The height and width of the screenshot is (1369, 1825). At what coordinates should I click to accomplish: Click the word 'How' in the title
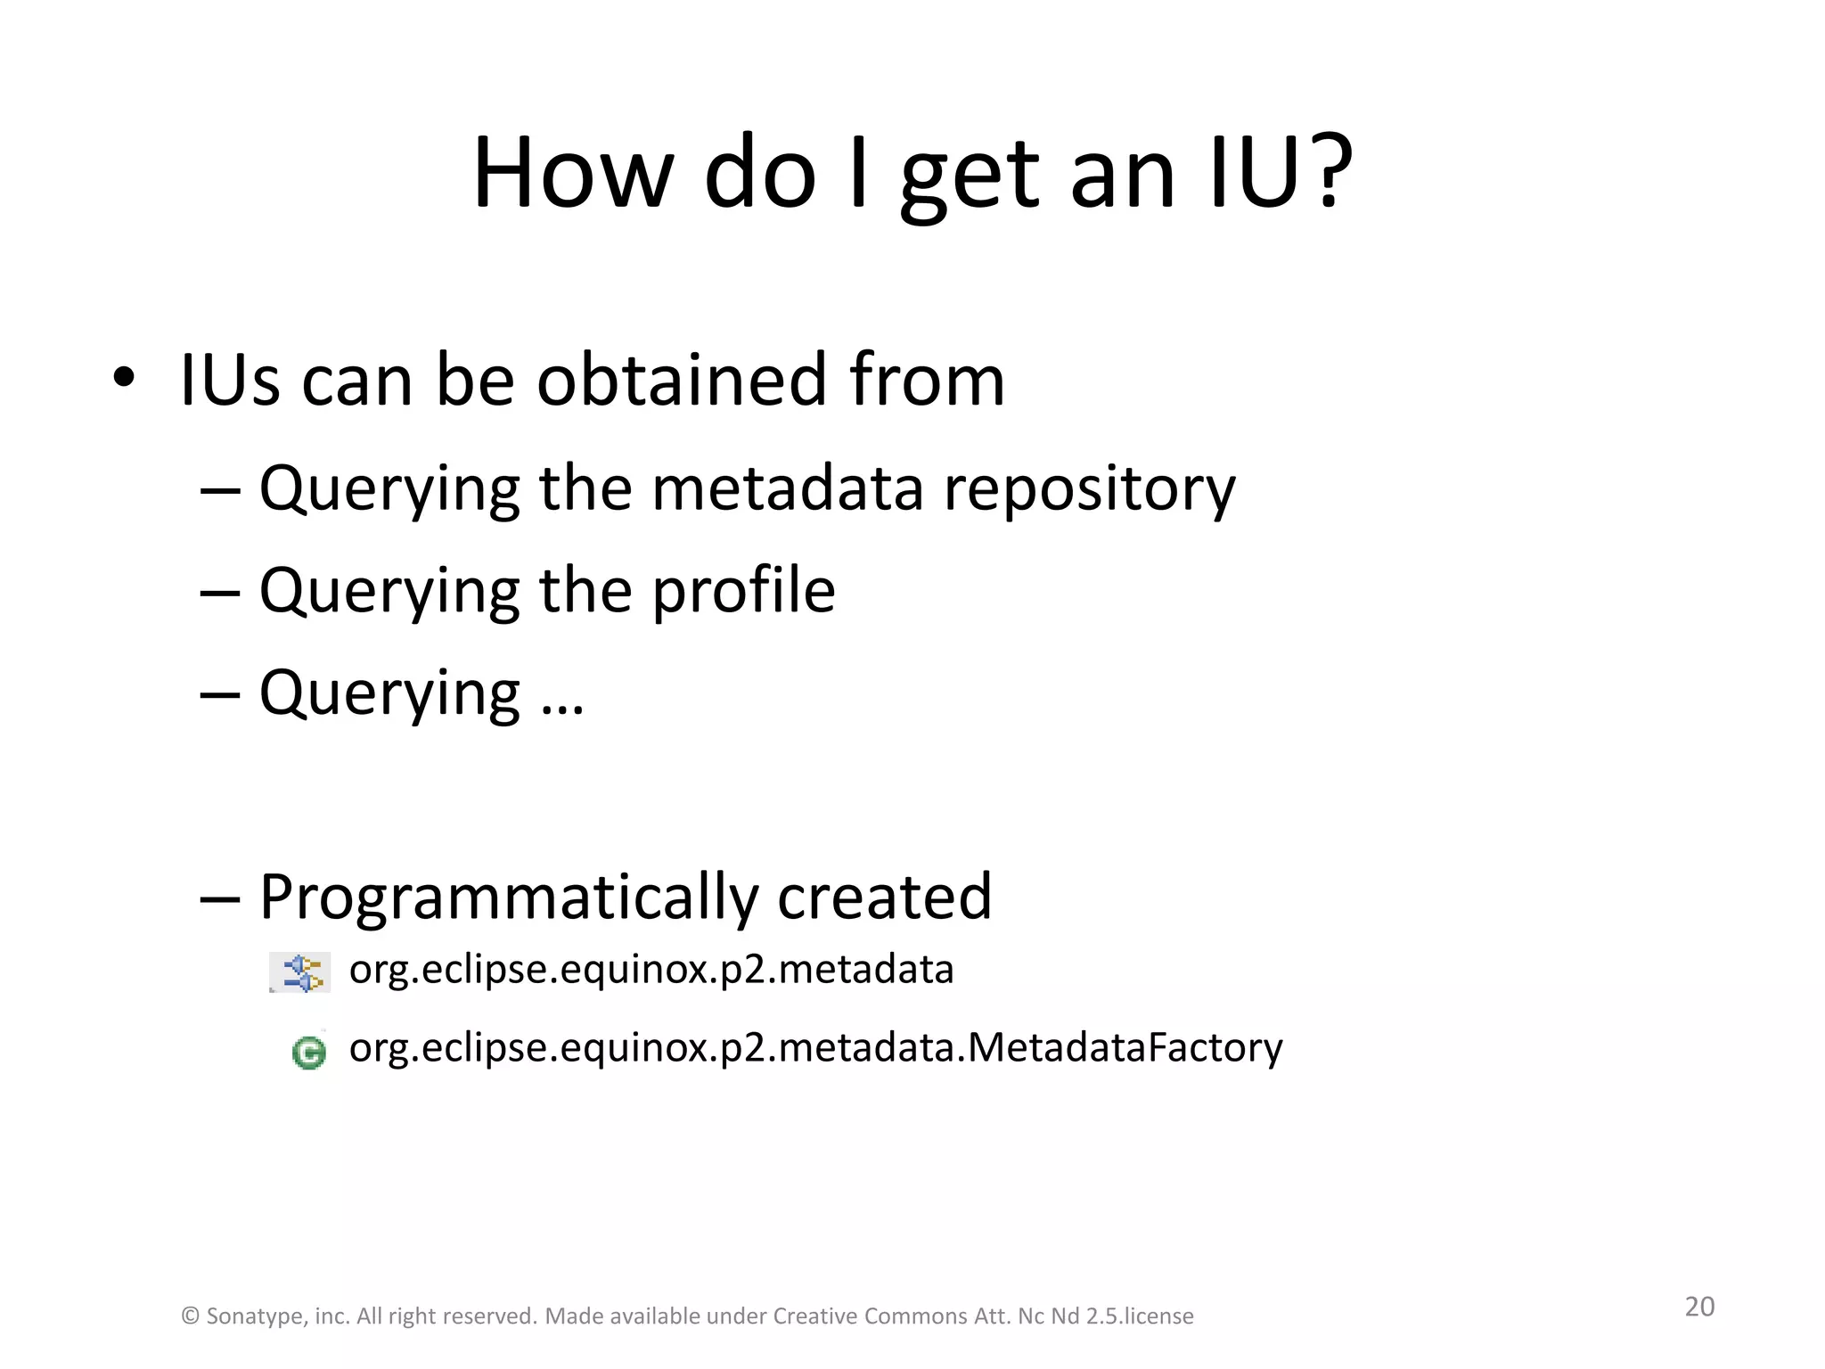[x=570, y=174]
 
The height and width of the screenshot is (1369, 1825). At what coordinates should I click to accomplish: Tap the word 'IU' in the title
[x=1256, y=174]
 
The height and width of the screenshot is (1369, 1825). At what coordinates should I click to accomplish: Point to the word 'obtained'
[x=683, y=380]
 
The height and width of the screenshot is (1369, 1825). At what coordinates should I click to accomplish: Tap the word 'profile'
[x=743, y=590]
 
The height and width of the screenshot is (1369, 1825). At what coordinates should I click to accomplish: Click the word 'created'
[x=884, y=896]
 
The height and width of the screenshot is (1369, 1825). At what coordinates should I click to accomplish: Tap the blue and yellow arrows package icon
[x=301, y=972]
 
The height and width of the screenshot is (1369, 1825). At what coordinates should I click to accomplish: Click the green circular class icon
[x=308, y=1053]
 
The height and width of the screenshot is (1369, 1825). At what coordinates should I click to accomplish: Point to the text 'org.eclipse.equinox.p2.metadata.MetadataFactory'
[x=815, y=1048]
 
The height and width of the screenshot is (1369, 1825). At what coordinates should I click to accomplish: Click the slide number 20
[x=1699, y=1307]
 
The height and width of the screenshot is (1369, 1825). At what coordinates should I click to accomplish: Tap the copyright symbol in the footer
[x=190, y=1316]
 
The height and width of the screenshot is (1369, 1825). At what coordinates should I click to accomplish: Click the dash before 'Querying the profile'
[x=220, y=592]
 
